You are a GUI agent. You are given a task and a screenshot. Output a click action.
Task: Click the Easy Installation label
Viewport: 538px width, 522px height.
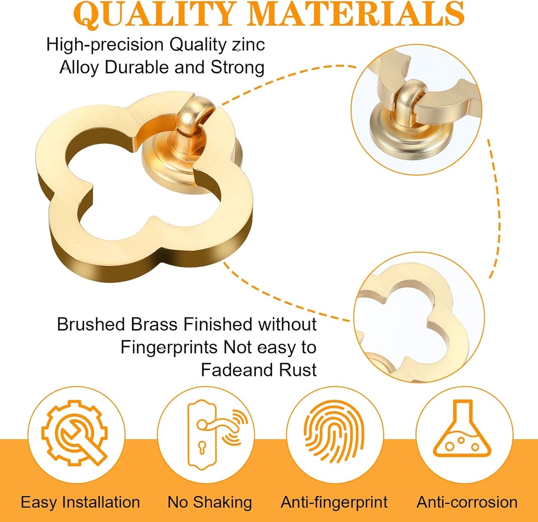coord(80,502)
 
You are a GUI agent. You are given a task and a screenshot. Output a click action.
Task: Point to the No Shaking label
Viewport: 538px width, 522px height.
coord(210,502)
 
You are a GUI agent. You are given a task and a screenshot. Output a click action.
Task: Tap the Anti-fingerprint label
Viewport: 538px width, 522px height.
coord(334,502)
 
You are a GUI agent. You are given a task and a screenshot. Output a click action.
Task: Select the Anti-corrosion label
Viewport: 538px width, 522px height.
coord(467,502)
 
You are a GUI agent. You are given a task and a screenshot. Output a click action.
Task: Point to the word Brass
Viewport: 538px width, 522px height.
coord(148,325)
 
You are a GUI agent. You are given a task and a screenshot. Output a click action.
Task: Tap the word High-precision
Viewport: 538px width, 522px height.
coord(105,45)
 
